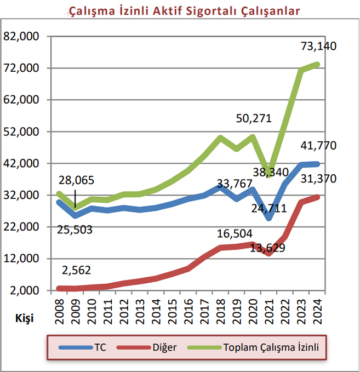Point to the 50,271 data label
click(x=254, y=118)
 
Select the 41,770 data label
click(x=318, y=146)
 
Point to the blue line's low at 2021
click(x=268, y=218)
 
